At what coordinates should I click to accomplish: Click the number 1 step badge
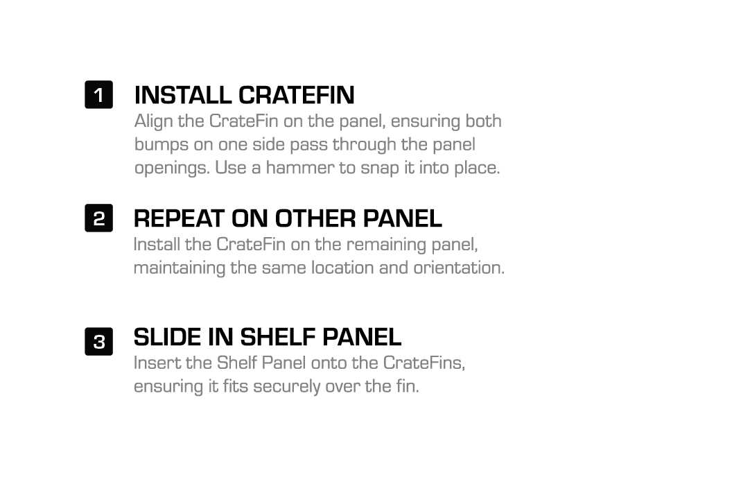98,94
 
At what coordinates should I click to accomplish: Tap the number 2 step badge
98,218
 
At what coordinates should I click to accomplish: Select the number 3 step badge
98,341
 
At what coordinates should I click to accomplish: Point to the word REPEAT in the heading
179,218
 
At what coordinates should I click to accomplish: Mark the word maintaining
180,268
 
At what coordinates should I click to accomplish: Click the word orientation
459,268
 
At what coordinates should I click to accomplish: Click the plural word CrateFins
424,363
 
